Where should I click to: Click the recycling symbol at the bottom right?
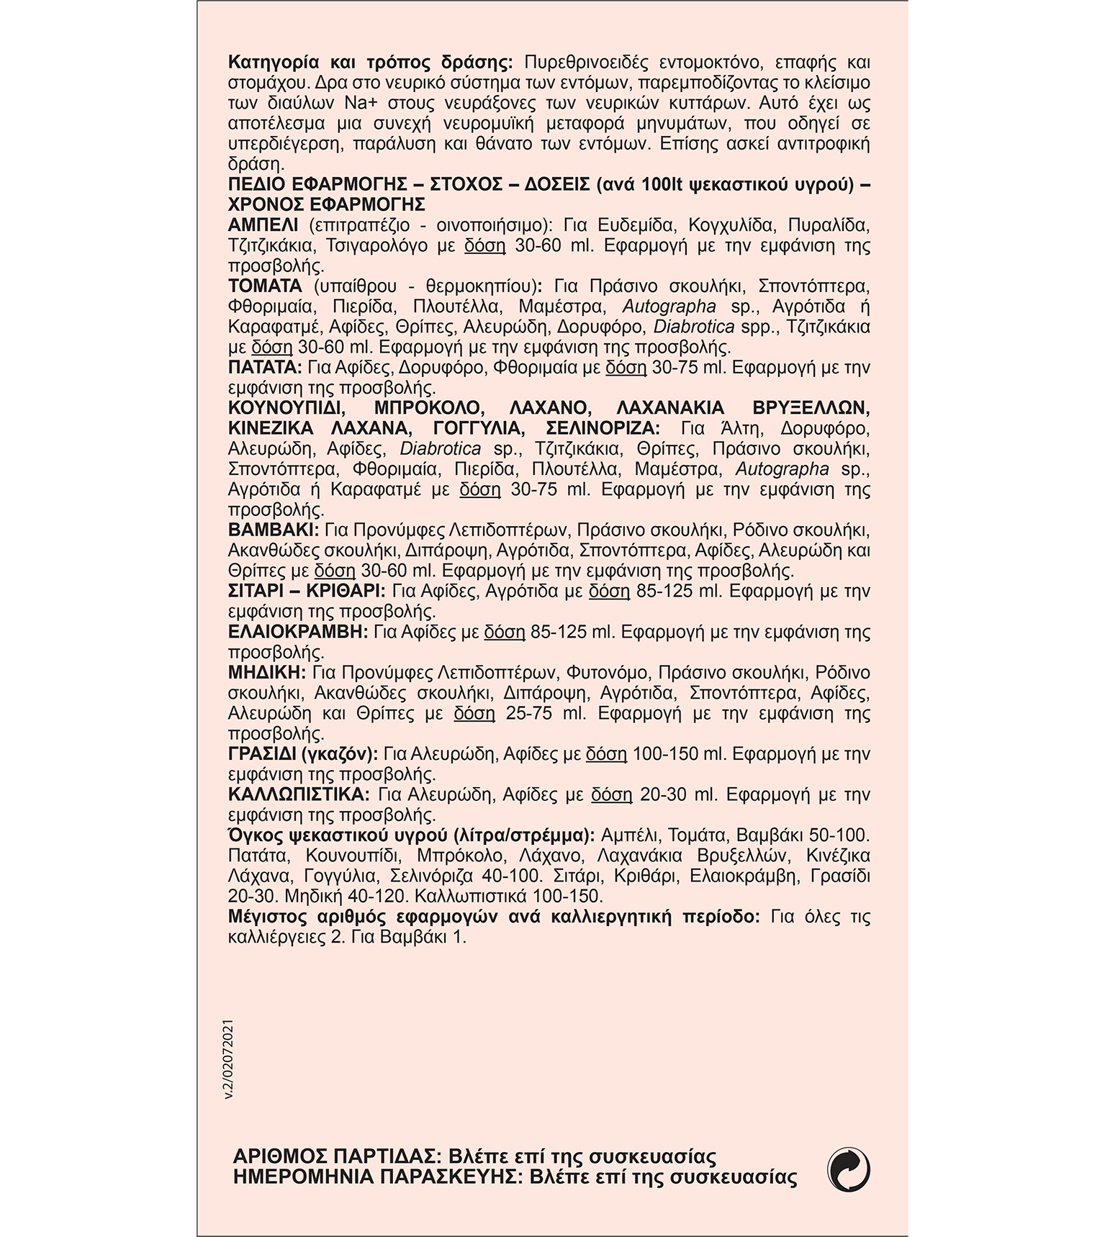tap(849, 1169)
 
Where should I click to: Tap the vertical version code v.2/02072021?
tap(230, 1057)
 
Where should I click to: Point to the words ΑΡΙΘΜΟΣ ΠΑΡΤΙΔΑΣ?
tap(334, 1157)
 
